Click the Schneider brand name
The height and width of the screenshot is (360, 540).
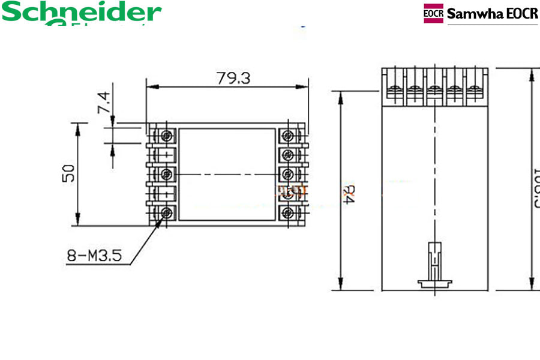tap(82, 12)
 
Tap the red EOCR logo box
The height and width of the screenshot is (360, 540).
tap(433, 13)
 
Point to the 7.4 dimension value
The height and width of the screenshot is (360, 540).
tap(103, 103)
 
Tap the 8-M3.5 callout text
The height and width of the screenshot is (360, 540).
tap(94, 256)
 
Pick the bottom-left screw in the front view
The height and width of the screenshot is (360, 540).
tap(166, 212)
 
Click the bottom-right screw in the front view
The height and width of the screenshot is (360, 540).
tap(289, 212)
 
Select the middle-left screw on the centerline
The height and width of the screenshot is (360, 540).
tap(166, 174)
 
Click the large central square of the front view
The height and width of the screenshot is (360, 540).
tap(227, 173)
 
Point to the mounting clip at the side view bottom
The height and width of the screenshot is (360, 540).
tap(434, 264)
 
